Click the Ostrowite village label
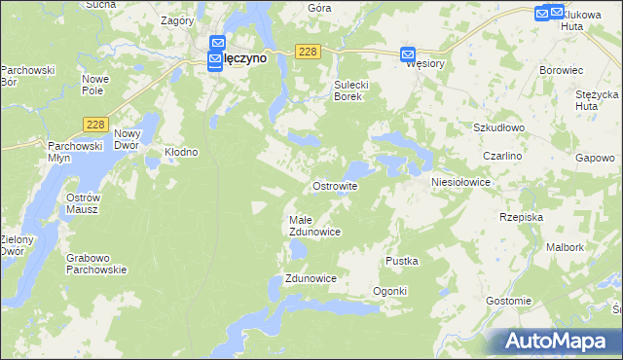(335, 185)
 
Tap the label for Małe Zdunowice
(313, 226)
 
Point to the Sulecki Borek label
(351, 90)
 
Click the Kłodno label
(181, 152)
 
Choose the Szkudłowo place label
(499, 127)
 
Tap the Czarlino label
(503, 156)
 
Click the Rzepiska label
(521, 217)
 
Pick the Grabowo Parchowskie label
(96, 264)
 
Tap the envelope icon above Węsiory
(408, 55)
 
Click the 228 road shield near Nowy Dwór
(95, 124)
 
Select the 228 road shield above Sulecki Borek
(308, 52)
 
